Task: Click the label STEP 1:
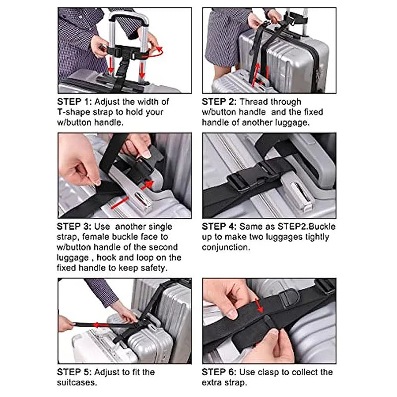click(x=75, y=101)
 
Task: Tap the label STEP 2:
click(x=219, y=101)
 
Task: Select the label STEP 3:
click(x=75, y=226)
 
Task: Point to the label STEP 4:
click(x=219, y=226)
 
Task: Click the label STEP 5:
click(x=75, y=372)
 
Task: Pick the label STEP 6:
click(x=219, y=372)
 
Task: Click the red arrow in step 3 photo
click(x=136, y=195)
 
